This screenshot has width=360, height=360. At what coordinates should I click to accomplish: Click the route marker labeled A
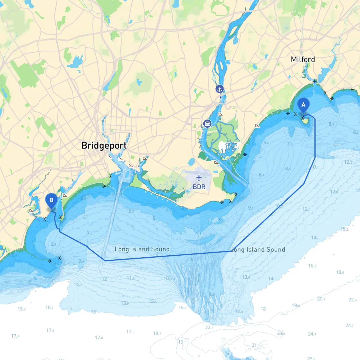click(303, 105)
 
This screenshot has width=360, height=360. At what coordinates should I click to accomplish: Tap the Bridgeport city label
click(104, 145)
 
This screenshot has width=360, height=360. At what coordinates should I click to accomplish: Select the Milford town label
click(303, 59)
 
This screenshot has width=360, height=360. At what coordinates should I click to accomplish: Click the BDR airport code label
click(199, 187)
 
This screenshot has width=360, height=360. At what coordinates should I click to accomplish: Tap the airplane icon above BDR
click(199, 178)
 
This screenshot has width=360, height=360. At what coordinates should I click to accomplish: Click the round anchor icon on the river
click(219, 89)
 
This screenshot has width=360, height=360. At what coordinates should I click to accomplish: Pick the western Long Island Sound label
click(142, 249)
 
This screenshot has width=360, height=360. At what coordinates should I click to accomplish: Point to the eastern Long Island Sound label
click(258, 249)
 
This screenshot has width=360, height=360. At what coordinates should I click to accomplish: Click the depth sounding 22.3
click(209, 327)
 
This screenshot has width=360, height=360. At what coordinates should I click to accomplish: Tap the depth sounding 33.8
click(281, 334)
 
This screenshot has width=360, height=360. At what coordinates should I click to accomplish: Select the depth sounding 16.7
click(49, 307)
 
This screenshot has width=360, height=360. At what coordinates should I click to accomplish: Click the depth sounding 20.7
click(321, 299)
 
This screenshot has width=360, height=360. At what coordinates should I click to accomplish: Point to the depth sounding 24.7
click(349, 325)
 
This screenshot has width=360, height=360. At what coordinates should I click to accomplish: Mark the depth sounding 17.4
click(15, 336)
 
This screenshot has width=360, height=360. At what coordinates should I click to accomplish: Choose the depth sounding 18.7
click(157, 334)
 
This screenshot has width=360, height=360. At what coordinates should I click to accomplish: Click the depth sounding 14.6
click(315, 238)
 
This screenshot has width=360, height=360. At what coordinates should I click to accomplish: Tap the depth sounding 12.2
click(348, 162)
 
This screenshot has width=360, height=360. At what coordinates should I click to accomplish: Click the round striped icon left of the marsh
click(207, 123)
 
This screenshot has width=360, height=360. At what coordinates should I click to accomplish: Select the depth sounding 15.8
click(21, 309)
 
